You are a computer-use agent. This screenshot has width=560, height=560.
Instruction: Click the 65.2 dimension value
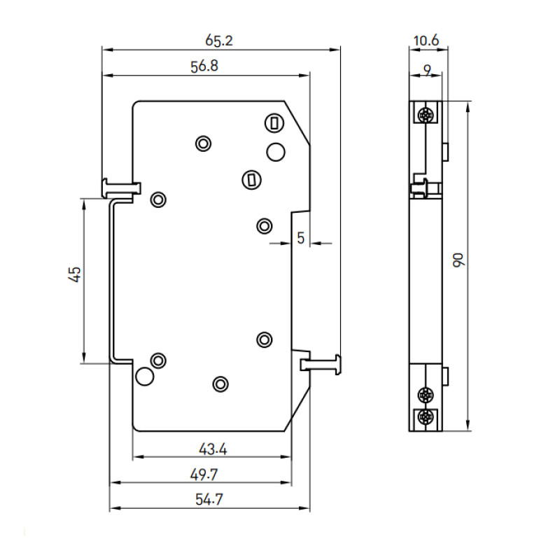[219, 41]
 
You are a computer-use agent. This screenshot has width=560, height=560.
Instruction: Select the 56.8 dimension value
[204, 66]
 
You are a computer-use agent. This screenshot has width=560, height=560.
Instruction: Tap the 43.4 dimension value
[213, 449]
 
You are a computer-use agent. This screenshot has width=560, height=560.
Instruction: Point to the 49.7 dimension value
[204, 475]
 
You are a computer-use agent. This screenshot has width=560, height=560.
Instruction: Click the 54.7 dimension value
[209, 499]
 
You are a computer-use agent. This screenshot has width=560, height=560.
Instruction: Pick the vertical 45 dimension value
[75, 274]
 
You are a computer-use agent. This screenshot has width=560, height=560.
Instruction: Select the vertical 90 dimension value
[458, 260]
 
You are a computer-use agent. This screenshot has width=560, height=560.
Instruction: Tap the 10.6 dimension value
[426, 41]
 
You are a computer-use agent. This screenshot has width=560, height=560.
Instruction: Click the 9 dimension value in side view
[428, 71]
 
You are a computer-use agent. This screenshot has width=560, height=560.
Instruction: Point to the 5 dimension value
[301, 238]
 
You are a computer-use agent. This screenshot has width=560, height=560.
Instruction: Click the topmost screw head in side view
[426, 115]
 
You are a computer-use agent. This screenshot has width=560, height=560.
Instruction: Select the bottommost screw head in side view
[426, 416]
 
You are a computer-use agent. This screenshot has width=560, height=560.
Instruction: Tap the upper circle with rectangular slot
[274, 124]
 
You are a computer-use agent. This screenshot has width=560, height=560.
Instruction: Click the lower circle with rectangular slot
[252, 180]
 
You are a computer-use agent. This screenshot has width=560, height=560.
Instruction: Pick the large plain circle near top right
[276, 152]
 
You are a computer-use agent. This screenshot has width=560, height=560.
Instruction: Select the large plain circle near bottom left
[145, 376]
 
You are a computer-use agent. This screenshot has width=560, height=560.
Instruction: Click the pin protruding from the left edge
[121, 188]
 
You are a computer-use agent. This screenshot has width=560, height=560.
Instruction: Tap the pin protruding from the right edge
[321, 365]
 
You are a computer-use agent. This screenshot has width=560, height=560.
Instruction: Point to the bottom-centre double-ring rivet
[220, 384]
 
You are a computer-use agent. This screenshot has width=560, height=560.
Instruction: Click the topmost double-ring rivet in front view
[203, 143]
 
